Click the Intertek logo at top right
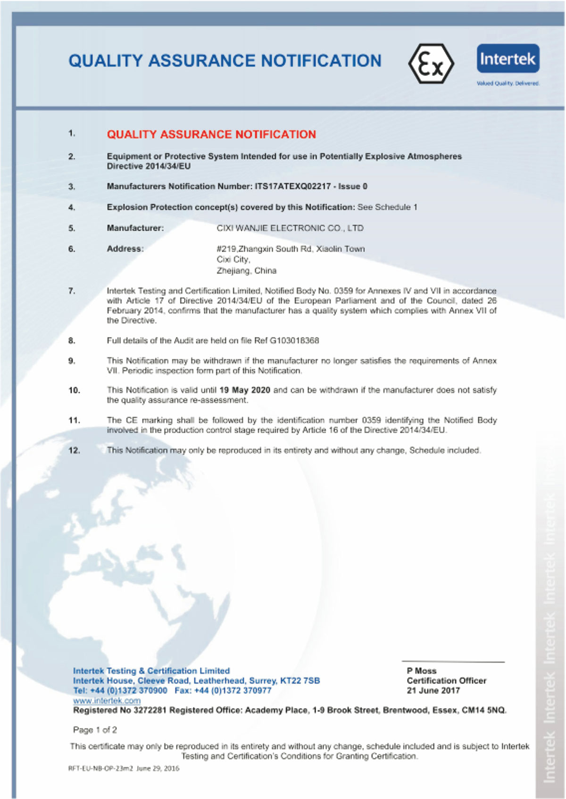(508, 59)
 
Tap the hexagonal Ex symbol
(431, 64)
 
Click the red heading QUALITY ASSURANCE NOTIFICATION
(211, 134)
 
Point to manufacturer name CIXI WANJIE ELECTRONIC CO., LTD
(290, 228)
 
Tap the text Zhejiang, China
(246, 271)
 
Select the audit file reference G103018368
(294, 340)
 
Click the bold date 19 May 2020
(245, 390)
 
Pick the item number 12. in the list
(74, 450)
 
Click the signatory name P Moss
(422, 670)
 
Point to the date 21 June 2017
(433, 690)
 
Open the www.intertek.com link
(107, 700)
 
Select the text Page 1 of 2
(95, 730)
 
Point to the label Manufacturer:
(135, 228)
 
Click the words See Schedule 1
(387, 207)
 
